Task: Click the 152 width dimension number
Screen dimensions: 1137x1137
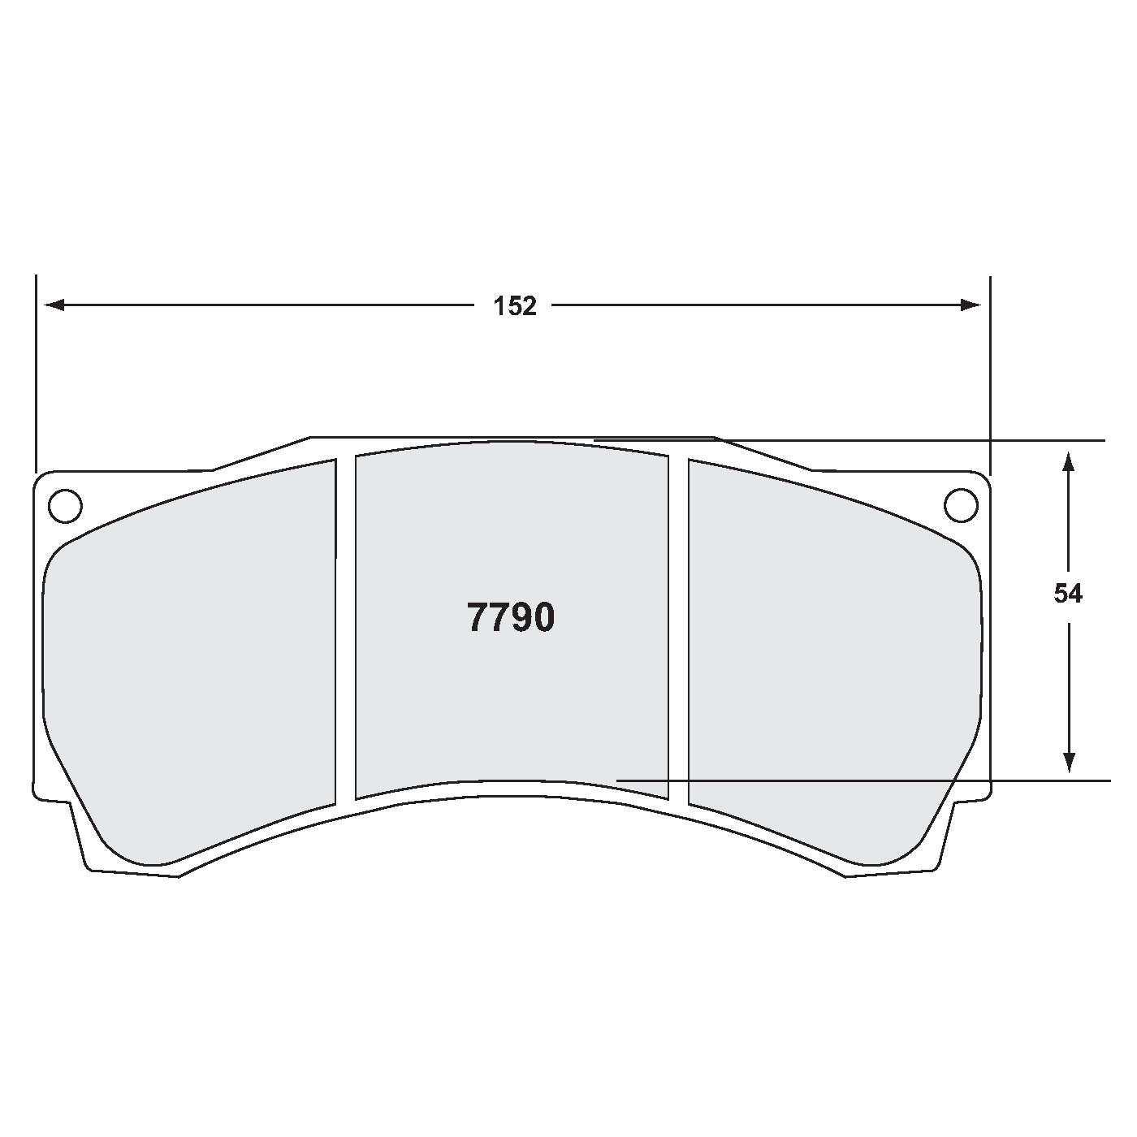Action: click(516, 306)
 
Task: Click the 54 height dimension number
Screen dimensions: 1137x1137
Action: click(1068, 594)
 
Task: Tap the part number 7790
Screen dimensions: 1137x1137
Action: click(511, 618)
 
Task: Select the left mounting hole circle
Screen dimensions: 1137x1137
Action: click(65, 506)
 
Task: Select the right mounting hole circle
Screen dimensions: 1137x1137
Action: click(961, 505)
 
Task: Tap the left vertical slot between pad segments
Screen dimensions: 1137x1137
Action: click(345, 625)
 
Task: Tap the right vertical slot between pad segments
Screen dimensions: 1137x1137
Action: click(678, 625)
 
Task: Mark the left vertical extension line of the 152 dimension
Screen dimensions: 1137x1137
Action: click(37, 374)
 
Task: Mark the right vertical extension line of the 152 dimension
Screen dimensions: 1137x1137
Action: click(990, 374)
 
